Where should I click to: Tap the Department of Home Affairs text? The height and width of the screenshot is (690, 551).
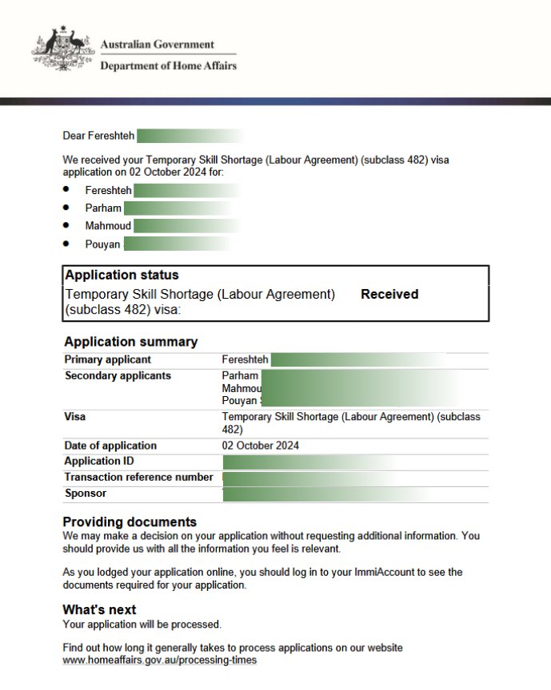click(x=168, y=65)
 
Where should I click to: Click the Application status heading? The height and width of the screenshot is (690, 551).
click(x=122, y=275)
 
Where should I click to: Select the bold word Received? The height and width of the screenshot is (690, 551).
click(x=389, y=294)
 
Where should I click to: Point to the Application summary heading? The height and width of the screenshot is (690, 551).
click(x=130, y=342)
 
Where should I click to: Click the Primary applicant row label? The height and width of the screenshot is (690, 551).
click(x=108, y=360)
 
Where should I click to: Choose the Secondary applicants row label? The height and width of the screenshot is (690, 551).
click(x=118, y=376)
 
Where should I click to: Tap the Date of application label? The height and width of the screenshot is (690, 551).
click(x=110, y=446)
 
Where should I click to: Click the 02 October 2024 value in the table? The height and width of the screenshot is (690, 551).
click(x=261, y=446)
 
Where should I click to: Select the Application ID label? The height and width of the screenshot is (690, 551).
click(x=99, y=462)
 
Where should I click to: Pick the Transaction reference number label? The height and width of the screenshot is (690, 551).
click(x=138, y=478)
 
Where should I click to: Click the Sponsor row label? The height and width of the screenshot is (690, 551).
click(x=86, y=494)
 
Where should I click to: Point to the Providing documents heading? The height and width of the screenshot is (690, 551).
click(x=130, y=522)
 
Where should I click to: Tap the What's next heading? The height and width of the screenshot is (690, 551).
click(x=99, y=610)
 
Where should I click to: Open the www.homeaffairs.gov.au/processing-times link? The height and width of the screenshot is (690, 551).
click(x=160, y=661)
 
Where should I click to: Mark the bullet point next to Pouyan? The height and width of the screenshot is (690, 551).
click(x=66, y=244)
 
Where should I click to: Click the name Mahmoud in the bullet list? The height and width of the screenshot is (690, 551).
click(x=108, y=226)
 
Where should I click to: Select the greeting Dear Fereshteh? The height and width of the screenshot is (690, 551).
click(x=98, y=136)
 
